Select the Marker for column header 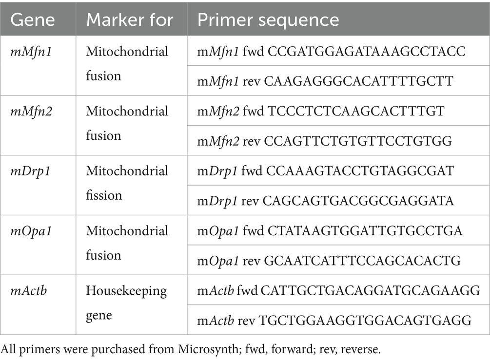pyautogui.click(x=130, y=20)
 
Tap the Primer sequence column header pyautogui.click(x=268, y=20)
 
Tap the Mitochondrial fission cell pyautogui.click(x=127, y=183)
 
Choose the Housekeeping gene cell pyautogui.click(x=126, y=303)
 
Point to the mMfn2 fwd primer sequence pyautogui.click(x=320, y=111)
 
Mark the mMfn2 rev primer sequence pyautogui.click(x=324, y=141)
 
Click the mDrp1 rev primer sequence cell pyautogui.click(x=325, y=201)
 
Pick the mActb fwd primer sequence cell pyautogui.click(x=338, y=291)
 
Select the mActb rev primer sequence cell pyautogui.click(x=334, y=321)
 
